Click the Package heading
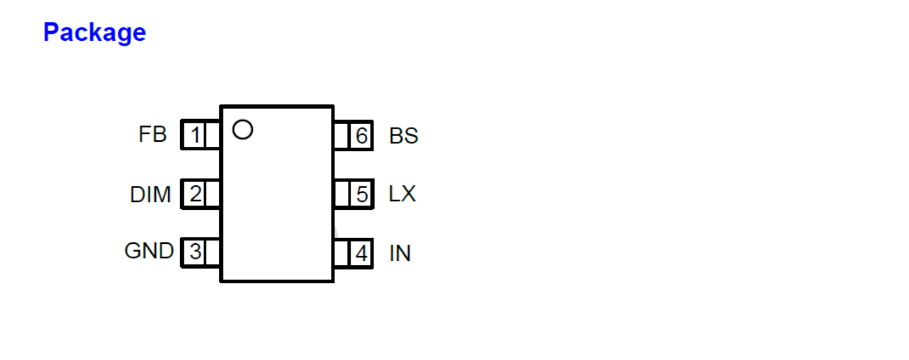[x=95, y=32]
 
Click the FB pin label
[x=152, y=135]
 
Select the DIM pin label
[x=150, y=194]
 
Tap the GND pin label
[x=149, y=251]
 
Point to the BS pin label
[x=403, y=136]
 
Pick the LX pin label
[x=402, y=194]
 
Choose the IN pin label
[x=400, y=253]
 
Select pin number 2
[x=196, y=194]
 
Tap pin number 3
[x=196, y=252]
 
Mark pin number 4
[x=361, y=253]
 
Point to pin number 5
[x=362, y=194]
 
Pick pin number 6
[x=361, y=136]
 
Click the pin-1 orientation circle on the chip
[x=243, y=130]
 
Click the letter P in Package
[x=51, y=32]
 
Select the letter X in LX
[x=408, y=194]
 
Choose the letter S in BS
[x=411, y=136]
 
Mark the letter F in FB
[x=145, y=135]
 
